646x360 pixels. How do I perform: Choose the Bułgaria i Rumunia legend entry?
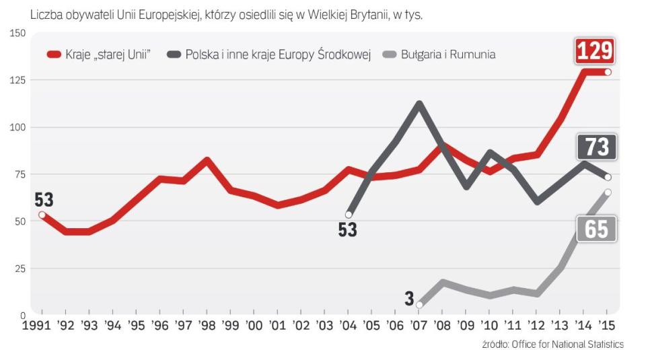tap(441, 54)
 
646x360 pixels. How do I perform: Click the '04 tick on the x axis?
tap(349, 326)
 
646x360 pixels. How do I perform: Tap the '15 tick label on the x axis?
tap(607, 326)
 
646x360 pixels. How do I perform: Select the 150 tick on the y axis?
tap(17, 34)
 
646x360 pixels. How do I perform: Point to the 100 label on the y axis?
tap(17, 127)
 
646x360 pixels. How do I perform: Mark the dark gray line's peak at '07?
tap(419, 104)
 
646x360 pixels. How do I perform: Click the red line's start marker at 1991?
tap(42, 215)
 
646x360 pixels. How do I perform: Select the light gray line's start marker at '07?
tap(419, 305)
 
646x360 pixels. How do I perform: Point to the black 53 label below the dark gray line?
tap(348, 230)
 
